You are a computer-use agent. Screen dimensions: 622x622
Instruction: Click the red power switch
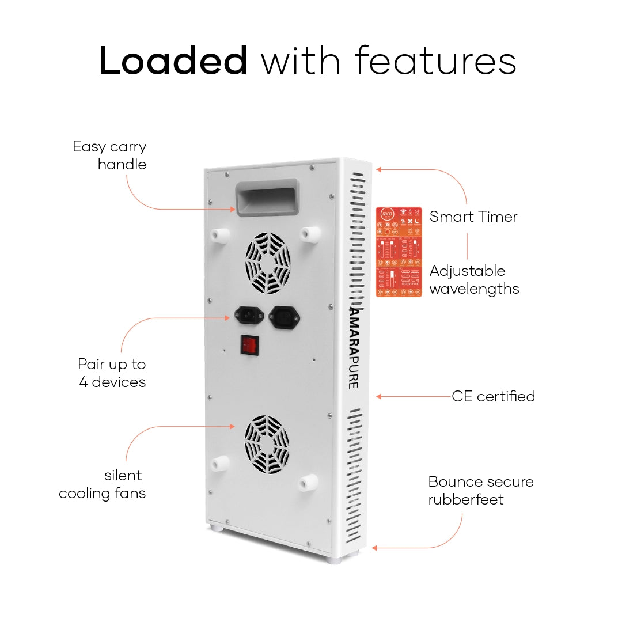pyautogui.click(x=249, y=344)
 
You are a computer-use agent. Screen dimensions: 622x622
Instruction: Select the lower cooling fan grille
pyautogui.click(x=267, y=445)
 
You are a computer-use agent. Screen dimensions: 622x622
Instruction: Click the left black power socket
pyautogui.click(x=246, y=316)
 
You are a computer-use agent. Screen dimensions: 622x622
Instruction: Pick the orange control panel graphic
pyautogui.click(x=399, y=252)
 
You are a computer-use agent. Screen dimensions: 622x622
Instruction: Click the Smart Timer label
pyautogui.click(x=473, y=217)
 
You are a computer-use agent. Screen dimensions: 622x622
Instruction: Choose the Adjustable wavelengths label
pyautogui.click(x=474, y=279)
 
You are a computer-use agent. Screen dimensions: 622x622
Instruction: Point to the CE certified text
pyautogui.click(x=493, y=396)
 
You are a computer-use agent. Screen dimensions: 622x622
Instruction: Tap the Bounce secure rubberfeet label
pyautogui.click(x=480, y=490)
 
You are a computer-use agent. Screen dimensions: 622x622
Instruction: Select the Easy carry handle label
pyautogui.click(x=110, y=155)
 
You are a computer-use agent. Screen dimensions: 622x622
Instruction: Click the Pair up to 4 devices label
pyautogui.click(x=112, y=373)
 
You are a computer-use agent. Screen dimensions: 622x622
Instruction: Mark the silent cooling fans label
pyautogui.click(x=103, y=484)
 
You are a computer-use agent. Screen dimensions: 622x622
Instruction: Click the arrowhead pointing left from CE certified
pyautogui.click(x=378, y=396)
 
